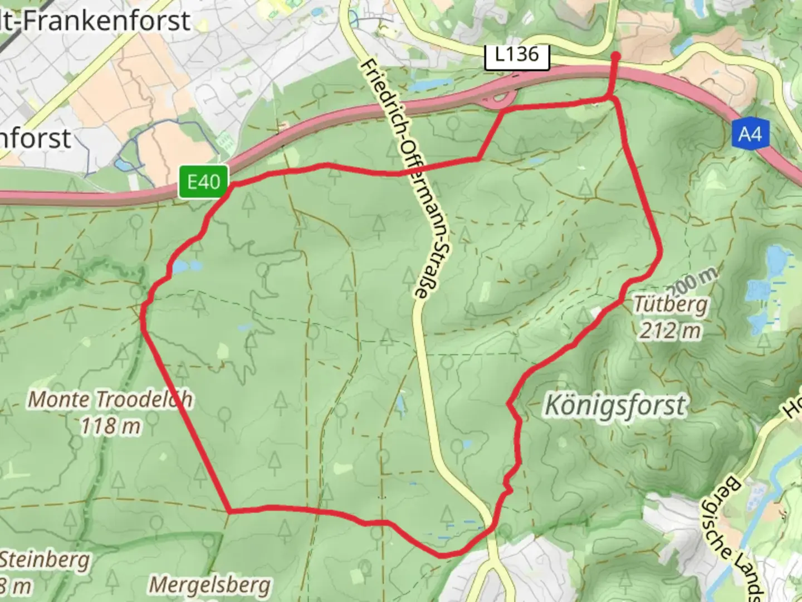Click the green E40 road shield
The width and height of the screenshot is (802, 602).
click(203, 182)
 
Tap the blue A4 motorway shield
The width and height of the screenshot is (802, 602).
click(750, 134)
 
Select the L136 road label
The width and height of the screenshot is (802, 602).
click(517, 55)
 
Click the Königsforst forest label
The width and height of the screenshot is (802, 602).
click(615, 405)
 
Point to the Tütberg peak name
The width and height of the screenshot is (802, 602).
click(671, 305)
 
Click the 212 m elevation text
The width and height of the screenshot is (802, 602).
click(669, 331)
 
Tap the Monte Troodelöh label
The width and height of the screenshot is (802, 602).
click(110, 399)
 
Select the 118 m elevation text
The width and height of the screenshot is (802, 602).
click(110, 426)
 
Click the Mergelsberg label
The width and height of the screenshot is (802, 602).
click(210, 585)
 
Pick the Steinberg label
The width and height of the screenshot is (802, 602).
click(45, 560)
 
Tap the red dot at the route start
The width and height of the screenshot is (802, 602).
click(615, 56)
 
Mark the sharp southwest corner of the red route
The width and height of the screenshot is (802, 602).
click(229, 510)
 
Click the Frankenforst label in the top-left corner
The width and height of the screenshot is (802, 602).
click(95, 21)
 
